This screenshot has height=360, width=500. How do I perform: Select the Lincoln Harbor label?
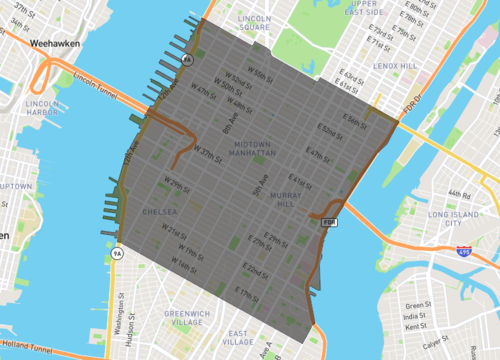point(43,107)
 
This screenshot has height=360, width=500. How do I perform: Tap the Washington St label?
point(118,312)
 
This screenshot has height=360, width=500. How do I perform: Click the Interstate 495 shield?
point(463,248)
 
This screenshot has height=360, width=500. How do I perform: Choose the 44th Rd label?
point(461,193)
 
